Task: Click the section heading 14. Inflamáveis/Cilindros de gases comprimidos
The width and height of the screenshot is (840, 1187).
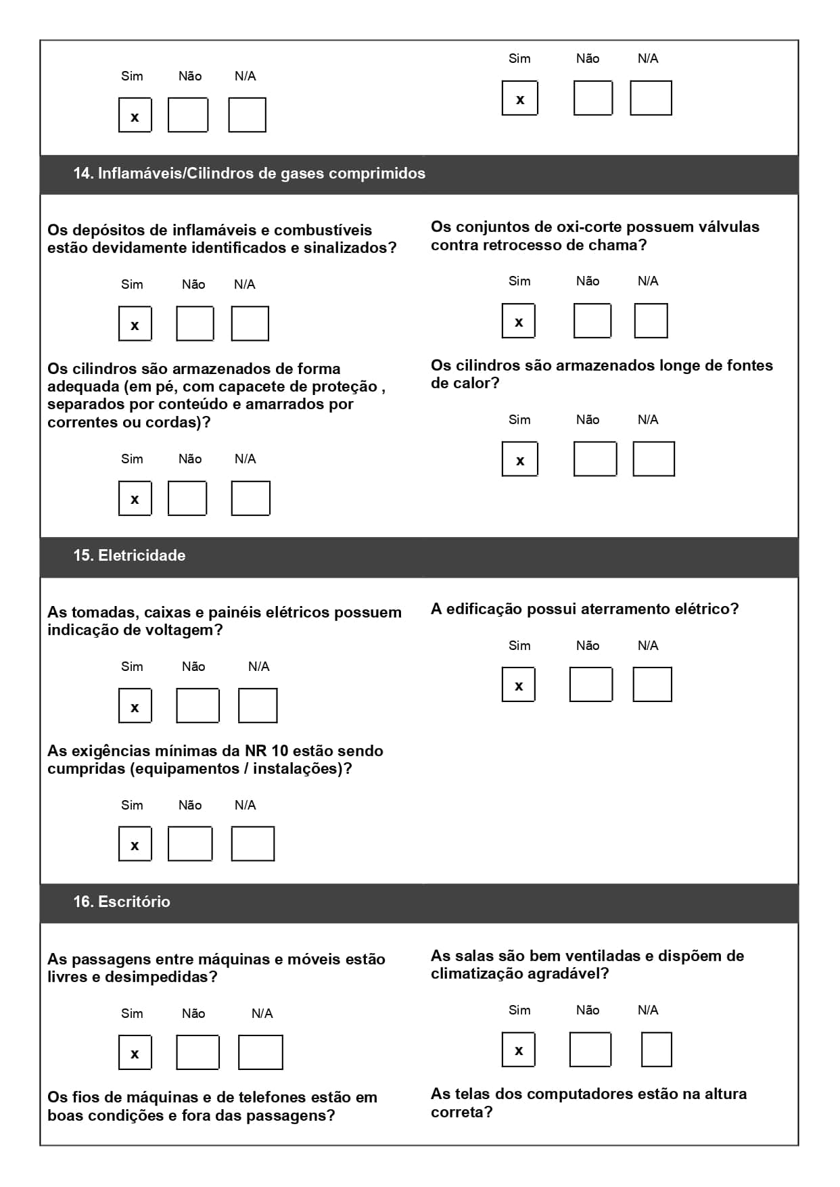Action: pos(249,174)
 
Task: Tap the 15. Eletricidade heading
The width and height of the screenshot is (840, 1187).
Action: pos(129,556)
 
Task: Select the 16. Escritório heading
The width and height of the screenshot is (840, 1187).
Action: pos(122,902)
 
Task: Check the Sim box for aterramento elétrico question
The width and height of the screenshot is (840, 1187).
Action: pos(519,684)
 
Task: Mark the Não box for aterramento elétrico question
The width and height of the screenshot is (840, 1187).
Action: pos(590,684)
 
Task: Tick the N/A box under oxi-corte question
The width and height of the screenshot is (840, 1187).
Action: pos(651,321)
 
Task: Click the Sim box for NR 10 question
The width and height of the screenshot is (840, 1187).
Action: pos(135,844)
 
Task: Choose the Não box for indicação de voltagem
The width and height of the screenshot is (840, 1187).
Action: pos(197,706)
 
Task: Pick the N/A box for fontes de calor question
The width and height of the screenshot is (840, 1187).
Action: pos(653,459)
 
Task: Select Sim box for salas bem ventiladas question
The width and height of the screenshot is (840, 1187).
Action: pos(519,1050)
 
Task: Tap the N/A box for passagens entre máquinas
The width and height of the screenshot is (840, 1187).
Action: pos(260,1053)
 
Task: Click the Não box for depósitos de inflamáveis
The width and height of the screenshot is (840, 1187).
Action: pos(195,324)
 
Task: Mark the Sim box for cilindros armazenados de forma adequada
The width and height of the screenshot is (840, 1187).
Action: pos(135,498)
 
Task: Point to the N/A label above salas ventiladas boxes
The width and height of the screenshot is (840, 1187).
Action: pos(648,1010)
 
